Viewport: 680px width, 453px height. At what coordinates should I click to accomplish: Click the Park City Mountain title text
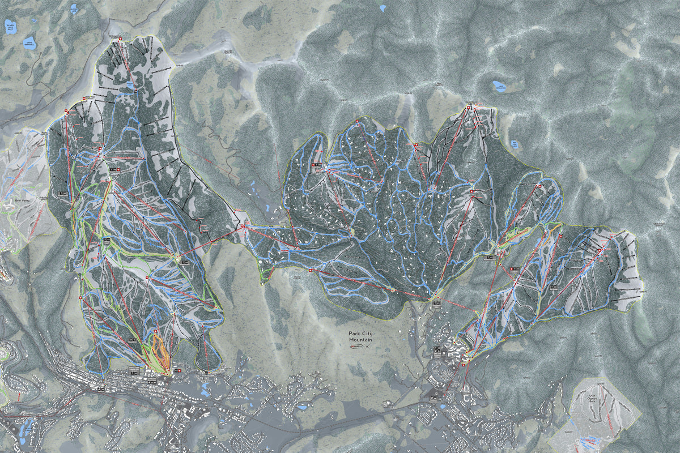[360, 337]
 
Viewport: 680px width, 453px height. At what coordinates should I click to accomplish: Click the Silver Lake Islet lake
[10, 27]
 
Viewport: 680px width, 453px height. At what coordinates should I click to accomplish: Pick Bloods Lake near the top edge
[74, 9]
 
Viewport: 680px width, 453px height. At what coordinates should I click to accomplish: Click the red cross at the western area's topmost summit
[120, 39]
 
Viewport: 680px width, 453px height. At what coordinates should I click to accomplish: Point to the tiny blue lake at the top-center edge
[383, 8]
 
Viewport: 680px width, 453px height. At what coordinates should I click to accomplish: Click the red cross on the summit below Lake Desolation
[470, 106]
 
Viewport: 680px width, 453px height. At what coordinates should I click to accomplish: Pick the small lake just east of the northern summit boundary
[514, 144]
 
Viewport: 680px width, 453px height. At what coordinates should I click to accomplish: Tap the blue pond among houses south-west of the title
[302, 407]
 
